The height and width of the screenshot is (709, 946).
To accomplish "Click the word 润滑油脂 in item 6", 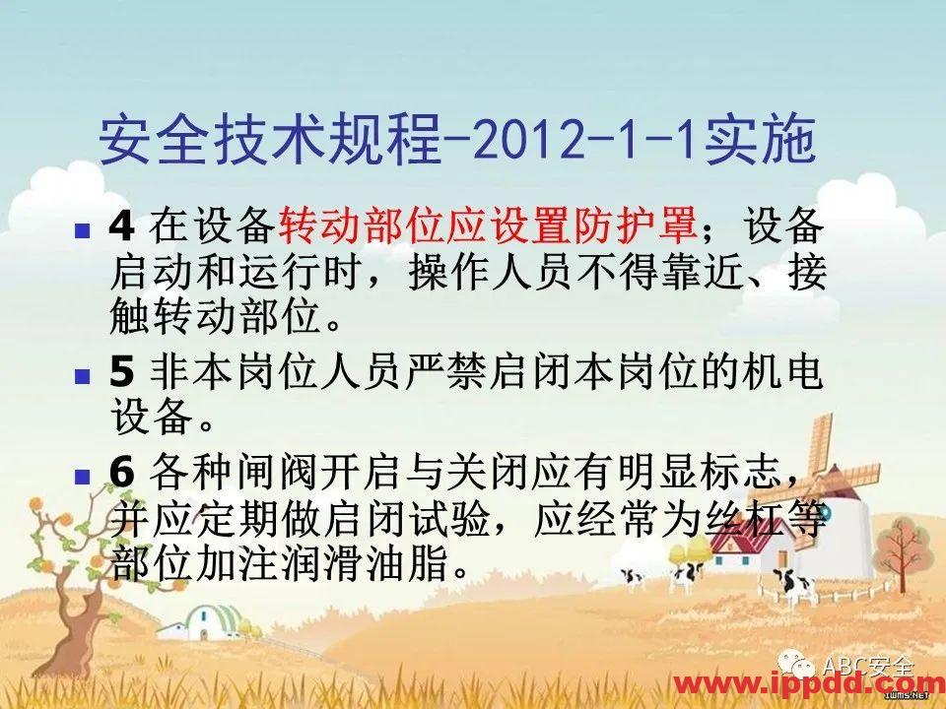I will coord(408,561).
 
